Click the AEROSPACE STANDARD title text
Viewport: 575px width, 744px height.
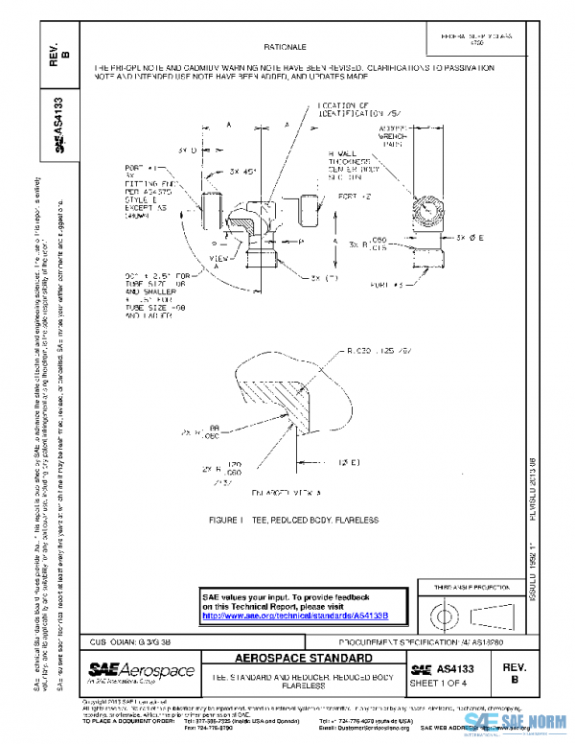tap(302, 660)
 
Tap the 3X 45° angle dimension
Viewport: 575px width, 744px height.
tap(242, 171)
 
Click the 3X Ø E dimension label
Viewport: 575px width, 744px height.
tap(474, 236)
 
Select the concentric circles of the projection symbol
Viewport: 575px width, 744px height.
tap(448, 613)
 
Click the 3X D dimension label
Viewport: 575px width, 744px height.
tap(187, 151)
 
